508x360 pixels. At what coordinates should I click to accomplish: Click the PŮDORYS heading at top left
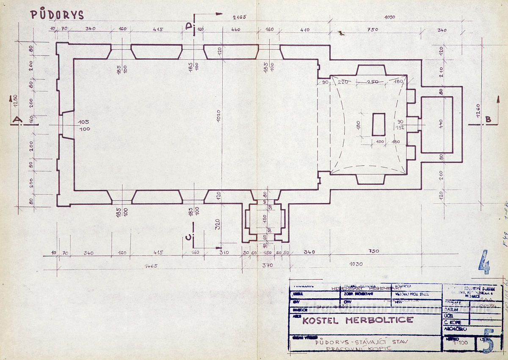click(57, 15)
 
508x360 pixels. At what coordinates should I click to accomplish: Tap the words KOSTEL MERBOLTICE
click(358, 320)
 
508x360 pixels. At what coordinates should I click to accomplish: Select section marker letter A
click(17, 120)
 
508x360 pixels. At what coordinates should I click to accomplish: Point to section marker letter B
click(488, 120)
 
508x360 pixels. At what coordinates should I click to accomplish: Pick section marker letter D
click(189, 26)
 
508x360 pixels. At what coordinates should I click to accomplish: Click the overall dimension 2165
click(239, 17)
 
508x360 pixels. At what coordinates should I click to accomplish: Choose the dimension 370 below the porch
click(267, 266)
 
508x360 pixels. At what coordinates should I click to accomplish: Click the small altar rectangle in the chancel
click(378, 124)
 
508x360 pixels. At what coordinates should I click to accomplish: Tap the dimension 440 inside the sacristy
click(440, 124)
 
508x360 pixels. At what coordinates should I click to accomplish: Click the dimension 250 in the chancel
click(373, 82)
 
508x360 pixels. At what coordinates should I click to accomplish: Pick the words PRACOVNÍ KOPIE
click(361, 349)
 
